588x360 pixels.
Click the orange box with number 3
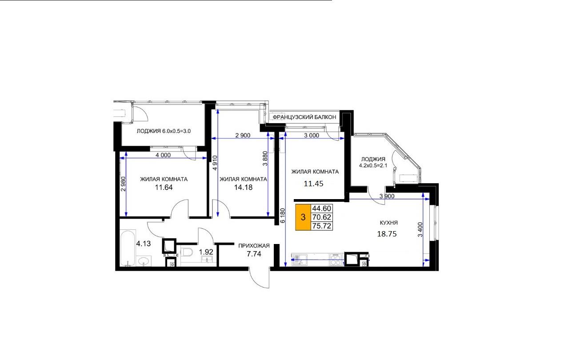coord(303,217)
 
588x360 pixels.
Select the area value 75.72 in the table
coord(322,226)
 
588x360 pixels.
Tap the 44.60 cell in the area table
coord(322,208)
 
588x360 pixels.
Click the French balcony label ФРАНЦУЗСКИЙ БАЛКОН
coord(304,117)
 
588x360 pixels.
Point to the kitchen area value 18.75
coord(387,234)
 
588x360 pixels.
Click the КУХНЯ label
coord(389,223)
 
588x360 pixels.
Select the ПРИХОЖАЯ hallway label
coord(254,246)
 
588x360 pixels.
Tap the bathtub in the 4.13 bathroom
coord(128,248)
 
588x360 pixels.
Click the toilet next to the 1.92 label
coord(187,252)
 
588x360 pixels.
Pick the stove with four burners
coord(336,259)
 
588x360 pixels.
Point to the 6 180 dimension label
coord(283,216)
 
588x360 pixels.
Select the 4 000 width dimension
coord(163,155)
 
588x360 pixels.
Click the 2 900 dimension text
coord(243,136)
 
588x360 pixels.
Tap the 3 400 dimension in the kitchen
coord(420,230)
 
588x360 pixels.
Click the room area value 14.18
coord(244,187)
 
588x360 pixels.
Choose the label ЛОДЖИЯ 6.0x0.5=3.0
coord(164,131)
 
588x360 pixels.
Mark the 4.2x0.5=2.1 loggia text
coord(373,166)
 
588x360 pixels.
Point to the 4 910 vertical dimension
coord(215,163)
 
